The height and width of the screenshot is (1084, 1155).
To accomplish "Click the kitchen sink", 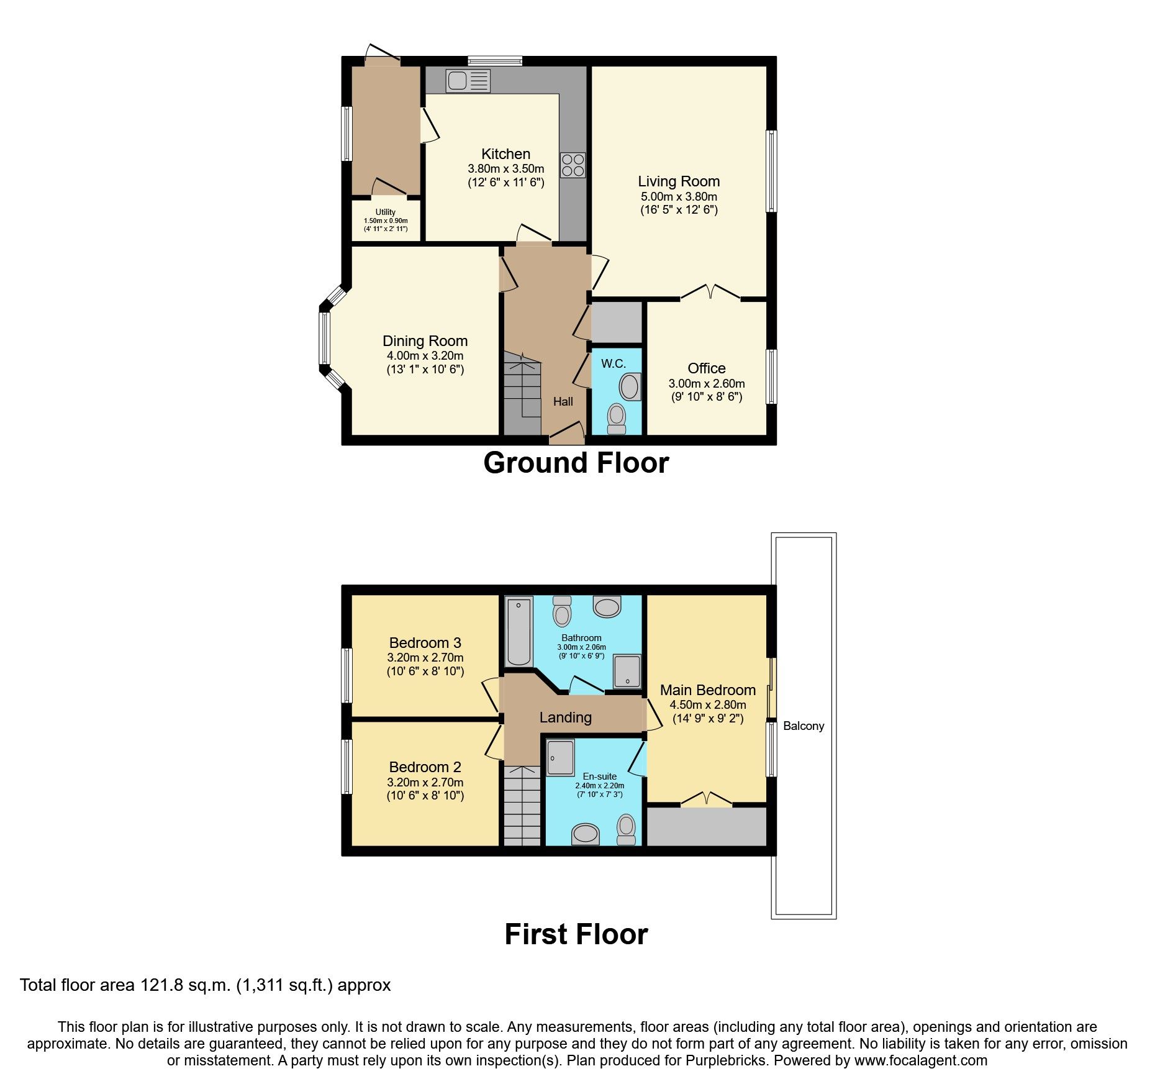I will pos(468,81).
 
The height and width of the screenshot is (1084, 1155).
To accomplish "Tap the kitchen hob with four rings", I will pos(573,165).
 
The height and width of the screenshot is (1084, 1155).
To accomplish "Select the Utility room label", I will pos(385,212).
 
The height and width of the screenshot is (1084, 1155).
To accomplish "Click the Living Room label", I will pos(679,181).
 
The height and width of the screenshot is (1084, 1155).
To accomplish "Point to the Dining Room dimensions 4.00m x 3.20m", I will pos(425,356).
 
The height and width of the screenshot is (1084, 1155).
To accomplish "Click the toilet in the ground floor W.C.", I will pos(617,418).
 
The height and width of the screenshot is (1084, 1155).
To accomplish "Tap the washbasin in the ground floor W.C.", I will pos(630,386).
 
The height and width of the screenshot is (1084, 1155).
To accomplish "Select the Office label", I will pos(706,368).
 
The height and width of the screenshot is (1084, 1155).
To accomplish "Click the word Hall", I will pos(563,402).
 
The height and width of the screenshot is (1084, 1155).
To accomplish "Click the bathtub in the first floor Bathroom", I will pos(519,631).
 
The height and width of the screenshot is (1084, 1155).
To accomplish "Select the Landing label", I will pos(565,717).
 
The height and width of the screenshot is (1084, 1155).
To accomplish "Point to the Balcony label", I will pos(803,726).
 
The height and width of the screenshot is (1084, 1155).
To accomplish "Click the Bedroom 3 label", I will pos(425,643).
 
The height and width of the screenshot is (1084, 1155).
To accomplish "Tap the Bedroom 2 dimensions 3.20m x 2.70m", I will pos(425,783).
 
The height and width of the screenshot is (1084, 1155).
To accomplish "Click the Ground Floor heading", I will pos(576,463).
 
